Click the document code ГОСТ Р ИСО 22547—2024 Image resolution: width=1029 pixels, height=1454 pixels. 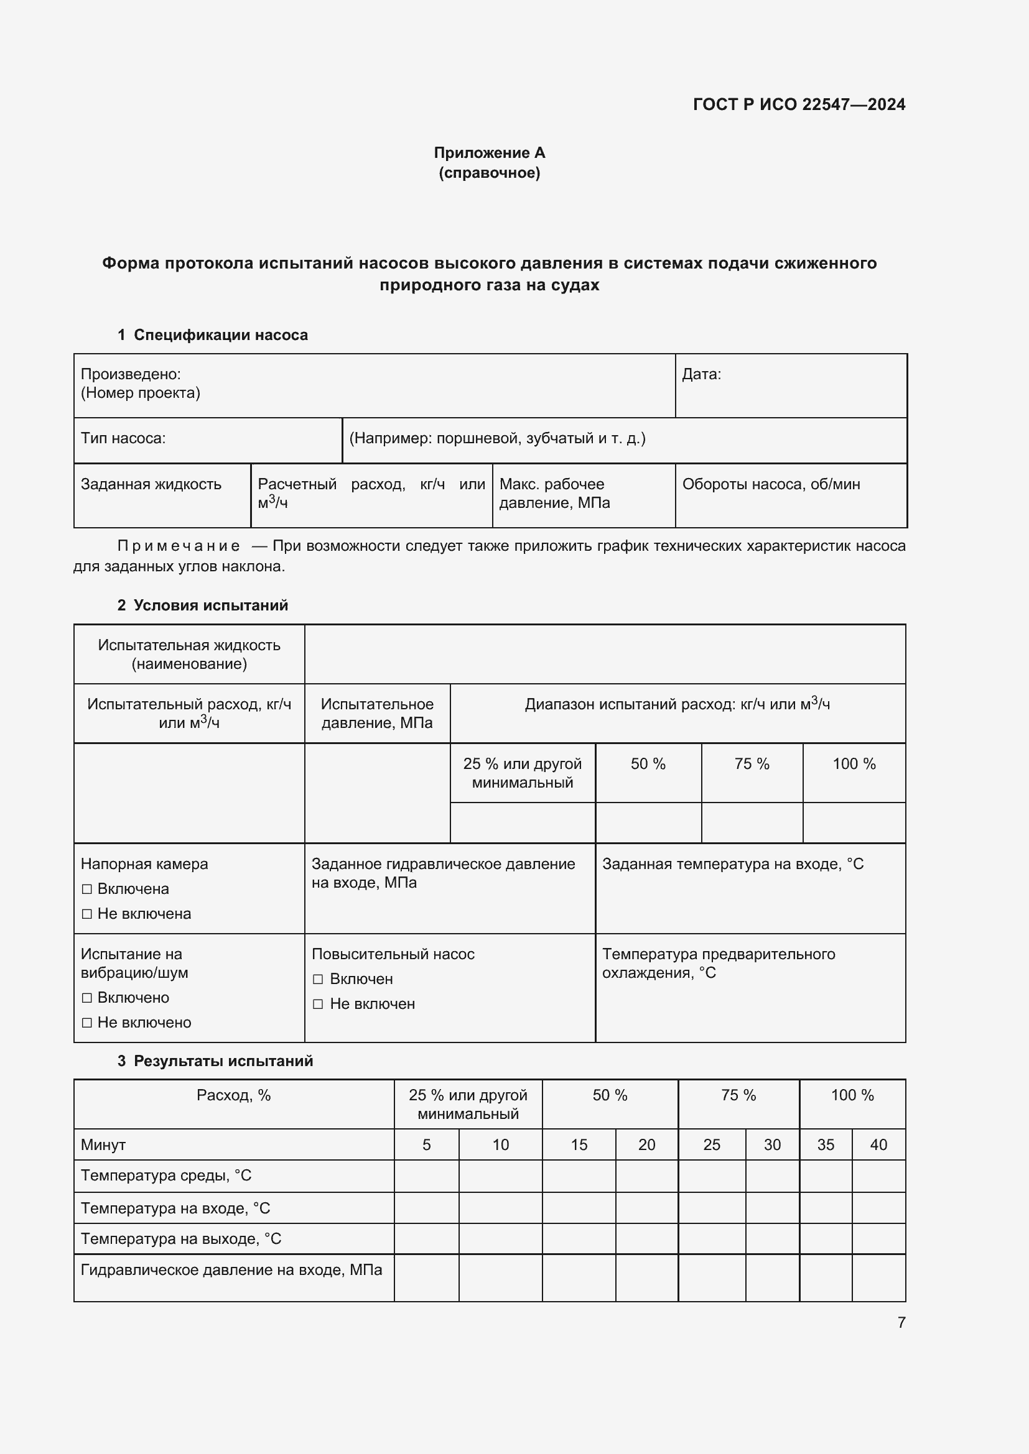799,104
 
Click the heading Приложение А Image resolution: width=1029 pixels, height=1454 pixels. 489,153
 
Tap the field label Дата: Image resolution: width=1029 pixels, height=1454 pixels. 701,374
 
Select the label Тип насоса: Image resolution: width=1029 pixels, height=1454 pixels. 123,438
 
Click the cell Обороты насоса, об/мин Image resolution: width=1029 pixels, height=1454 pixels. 770,484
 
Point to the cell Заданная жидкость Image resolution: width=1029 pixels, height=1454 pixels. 151,484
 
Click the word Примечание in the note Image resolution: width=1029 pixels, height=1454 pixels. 179,546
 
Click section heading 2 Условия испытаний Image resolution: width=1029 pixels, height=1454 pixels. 203,605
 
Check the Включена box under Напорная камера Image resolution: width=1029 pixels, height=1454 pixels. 88,889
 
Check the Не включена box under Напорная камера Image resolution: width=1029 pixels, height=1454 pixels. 88,914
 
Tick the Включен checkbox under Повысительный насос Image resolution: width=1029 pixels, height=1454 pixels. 318,979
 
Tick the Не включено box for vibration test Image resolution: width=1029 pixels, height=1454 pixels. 88,1023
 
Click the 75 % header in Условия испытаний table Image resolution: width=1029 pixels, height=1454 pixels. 752,765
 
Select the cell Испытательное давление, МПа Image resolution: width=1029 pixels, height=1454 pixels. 377,713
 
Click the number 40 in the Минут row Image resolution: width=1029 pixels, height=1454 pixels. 878,1145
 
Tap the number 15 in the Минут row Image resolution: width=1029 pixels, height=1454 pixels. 579,1145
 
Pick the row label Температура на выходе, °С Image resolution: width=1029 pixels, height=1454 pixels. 180,1239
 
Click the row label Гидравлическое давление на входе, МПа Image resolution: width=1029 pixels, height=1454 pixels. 231,1270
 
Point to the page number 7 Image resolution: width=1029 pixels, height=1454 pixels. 901,1322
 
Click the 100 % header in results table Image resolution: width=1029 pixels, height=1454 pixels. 852,1095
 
